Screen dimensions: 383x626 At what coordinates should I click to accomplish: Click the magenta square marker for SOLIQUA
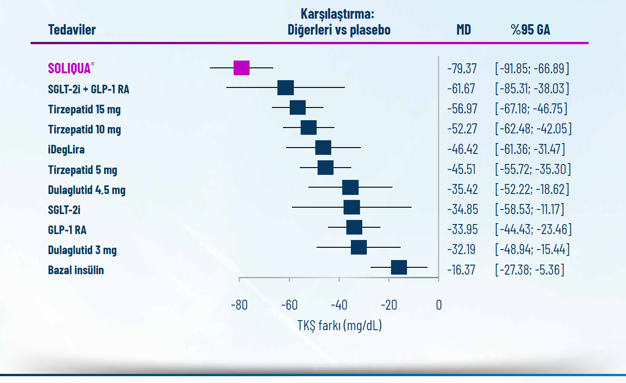coord(241,67)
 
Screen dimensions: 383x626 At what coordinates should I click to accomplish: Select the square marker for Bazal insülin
coord(399,268)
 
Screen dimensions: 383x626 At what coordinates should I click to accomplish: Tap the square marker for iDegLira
coord(323,148)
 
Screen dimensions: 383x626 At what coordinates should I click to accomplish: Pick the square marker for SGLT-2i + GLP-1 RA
coord(286,87)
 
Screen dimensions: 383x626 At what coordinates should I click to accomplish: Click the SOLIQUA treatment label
coord(71,68)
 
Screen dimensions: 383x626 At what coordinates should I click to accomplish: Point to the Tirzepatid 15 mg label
coord(84,109)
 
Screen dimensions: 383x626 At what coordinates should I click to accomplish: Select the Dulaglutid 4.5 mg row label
coord(87,189)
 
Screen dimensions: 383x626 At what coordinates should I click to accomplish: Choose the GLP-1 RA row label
coord(67,230)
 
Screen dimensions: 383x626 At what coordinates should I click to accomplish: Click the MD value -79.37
coord(462,69)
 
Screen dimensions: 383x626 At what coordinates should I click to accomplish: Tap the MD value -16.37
coord(461,270)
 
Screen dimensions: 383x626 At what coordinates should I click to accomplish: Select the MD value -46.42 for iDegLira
coord(462,149)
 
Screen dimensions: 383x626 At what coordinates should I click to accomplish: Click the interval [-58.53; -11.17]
coord(530,209)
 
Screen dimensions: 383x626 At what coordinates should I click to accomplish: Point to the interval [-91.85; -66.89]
coord(532,69)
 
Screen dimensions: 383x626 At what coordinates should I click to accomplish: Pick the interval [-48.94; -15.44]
coord(532,250)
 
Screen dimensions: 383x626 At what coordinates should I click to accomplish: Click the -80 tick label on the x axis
coord(239,305)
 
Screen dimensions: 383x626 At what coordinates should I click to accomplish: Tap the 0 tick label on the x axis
coord(438,305)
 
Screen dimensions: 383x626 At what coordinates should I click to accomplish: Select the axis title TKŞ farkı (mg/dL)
coord(339,326)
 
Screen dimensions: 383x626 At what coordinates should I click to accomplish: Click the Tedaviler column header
coord(72,30)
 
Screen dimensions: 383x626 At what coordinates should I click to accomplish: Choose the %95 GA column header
coord(530,30)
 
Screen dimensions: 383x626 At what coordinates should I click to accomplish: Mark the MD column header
coord(464,30)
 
